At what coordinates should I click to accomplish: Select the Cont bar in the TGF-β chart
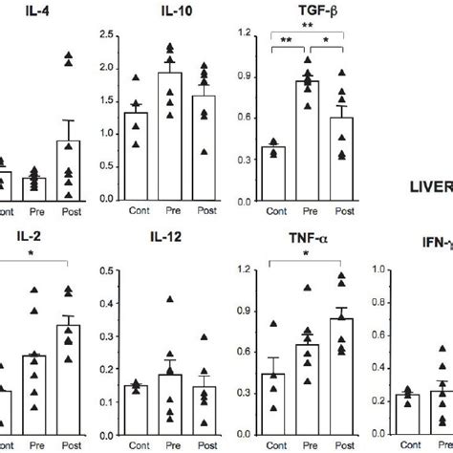pos(277,173)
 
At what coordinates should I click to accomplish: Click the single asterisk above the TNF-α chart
pos(304,254)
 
